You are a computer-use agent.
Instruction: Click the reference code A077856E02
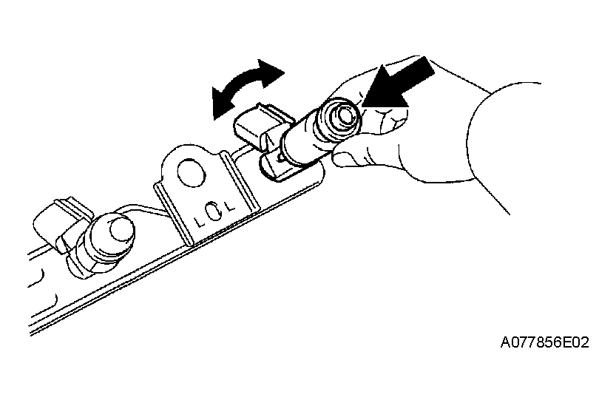[x=544, y=342]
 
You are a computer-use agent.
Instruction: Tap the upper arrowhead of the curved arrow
[x=271, y=72]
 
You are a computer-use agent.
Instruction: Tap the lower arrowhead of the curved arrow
[x=222, y=103]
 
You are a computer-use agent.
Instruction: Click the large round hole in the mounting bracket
[x=192, y=173]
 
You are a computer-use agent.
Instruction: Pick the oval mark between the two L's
[x=214, y=212]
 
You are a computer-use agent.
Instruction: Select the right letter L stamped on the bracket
[x=229, y=205]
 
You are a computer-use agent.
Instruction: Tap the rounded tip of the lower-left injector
[x=121, y=228]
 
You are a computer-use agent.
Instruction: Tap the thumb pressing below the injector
[x=353, y=157]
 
